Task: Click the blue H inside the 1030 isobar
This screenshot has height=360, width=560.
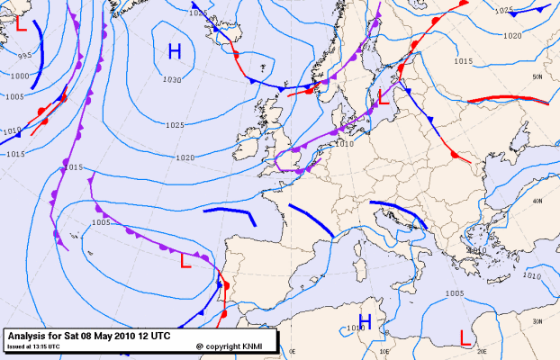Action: click(176, 51)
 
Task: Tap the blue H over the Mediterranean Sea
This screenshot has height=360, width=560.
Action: click(366, 321)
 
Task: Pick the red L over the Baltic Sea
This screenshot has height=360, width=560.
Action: click(383, 96)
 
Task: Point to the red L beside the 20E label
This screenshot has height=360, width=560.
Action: click(465, 337)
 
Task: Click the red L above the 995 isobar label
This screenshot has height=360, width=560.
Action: click(20, 25)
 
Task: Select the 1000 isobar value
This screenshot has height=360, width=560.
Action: click(18, 76)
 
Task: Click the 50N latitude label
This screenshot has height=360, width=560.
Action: click(537, 78)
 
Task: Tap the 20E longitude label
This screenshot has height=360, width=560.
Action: click(482, 351)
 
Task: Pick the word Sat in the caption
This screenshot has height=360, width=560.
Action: click(79, 334)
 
